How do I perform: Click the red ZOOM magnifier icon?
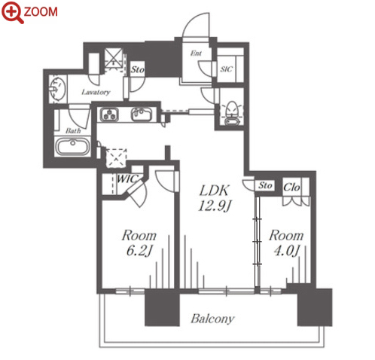point(12,12)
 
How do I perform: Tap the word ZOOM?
point(41,12)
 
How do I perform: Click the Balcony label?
point(212,319)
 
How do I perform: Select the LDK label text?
point(214,191)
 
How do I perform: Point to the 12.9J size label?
point(214,206)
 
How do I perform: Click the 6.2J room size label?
point(139,251)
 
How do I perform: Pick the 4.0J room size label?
point(286,251)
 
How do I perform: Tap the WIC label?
point(127,178)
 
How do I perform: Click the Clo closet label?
point(291,188)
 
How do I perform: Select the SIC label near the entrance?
point(227,69)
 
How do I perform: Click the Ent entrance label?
point(196,53)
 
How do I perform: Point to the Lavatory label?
point(96,93)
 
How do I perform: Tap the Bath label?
point(73,130)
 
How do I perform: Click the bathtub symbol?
point(73,147)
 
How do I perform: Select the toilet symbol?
point(231,113)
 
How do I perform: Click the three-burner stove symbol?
point(110,114)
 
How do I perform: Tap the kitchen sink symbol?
point(142,114)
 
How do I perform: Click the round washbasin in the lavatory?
point(58,89)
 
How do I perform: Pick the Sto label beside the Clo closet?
point(265,186)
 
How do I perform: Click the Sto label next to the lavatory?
point(138,69)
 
